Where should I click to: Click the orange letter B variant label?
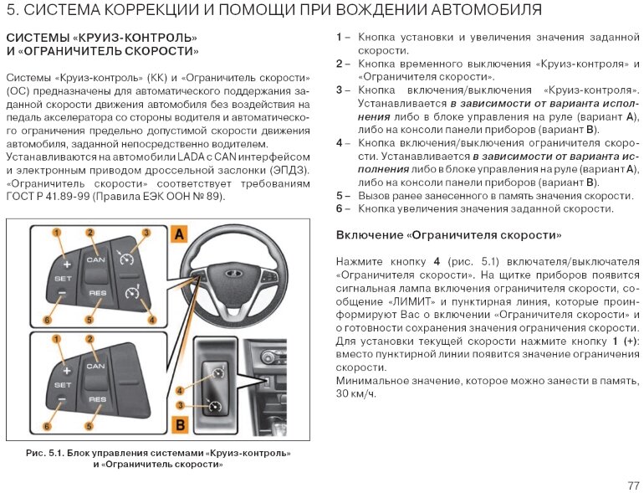point(179,425)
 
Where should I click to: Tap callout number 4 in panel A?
point(151,320)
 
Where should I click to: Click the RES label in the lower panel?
point(97,400)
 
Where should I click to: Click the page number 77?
point(632,485)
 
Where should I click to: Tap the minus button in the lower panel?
point(63,398)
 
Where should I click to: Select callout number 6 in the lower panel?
point(47,427)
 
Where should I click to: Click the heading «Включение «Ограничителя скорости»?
point(448,235)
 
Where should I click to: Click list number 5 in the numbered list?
point(340,195)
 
